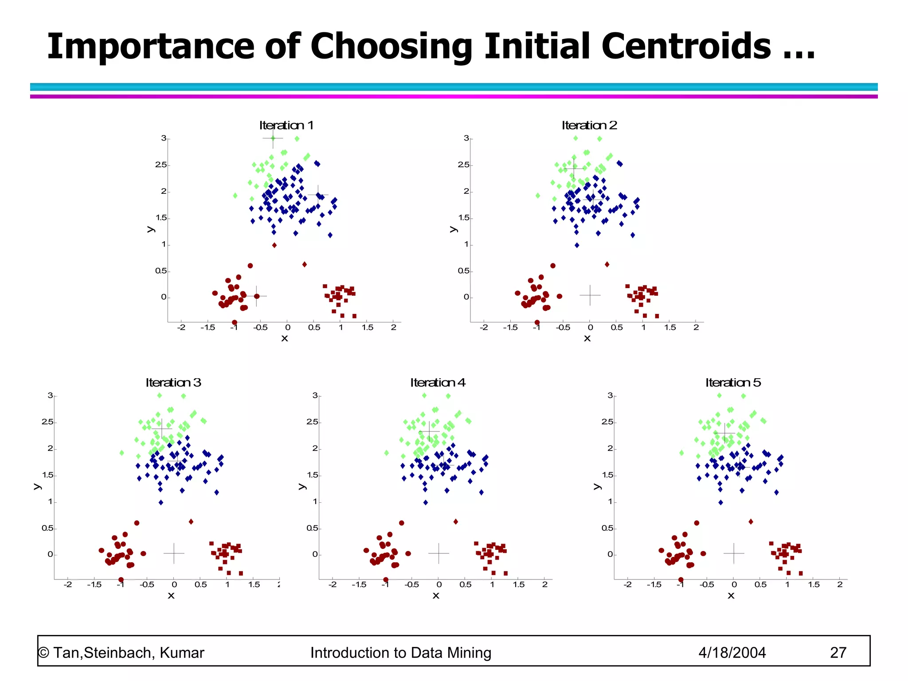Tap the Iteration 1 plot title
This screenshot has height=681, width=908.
(x=286, y=125)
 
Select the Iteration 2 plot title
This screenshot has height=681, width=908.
(x=589, y=125)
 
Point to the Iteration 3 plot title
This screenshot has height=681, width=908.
(x=173, y=383)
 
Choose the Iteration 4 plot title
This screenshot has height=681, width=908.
(x=438, y=383)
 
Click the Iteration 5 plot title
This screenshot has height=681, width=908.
(x=733, y=383)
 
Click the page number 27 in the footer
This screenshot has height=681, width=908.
(x=838, y=653)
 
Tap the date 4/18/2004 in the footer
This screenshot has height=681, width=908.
(x=732, y=653)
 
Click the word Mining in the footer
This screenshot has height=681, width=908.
(x=469, y=653)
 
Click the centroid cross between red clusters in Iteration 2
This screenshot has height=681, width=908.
(x=590, y=295)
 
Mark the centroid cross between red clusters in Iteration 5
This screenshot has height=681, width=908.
(x=734, y=553)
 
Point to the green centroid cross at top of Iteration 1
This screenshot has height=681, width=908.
(x=273, y=138)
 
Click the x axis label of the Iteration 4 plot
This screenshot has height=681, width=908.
(x=436, y=596)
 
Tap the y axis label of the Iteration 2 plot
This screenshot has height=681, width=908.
(x=453, y=229)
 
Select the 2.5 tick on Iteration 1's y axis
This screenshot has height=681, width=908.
(x=161, y=165)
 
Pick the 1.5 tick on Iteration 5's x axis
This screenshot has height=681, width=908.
(x=814, y=585)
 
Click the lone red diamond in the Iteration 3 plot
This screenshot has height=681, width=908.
(x=191, y=522)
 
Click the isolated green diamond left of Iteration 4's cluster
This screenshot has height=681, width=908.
(x=387, y=453)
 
